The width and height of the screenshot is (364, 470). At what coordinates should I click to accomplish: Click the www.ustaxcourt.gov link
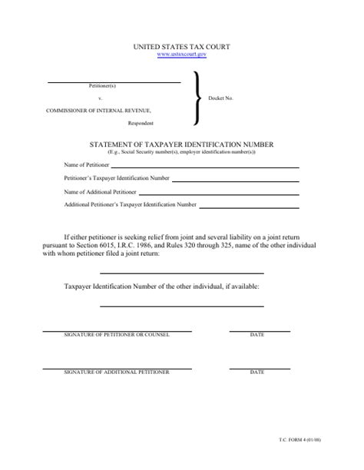[x=182, y=55]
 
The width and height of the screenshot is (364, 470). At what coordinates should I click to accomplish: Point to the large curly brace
[x=199, y=98]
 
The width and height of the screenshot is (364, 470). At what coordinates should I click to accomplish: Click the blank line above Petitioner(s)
[x=114, y=81]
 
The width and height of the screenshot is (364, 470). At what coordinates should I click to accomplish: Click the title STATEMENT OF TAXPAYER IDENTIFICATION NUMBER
[x=182, y=144]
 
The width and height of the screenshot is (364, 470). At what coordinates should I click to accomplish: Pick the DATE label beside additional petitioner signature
[x=256, y=372]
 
